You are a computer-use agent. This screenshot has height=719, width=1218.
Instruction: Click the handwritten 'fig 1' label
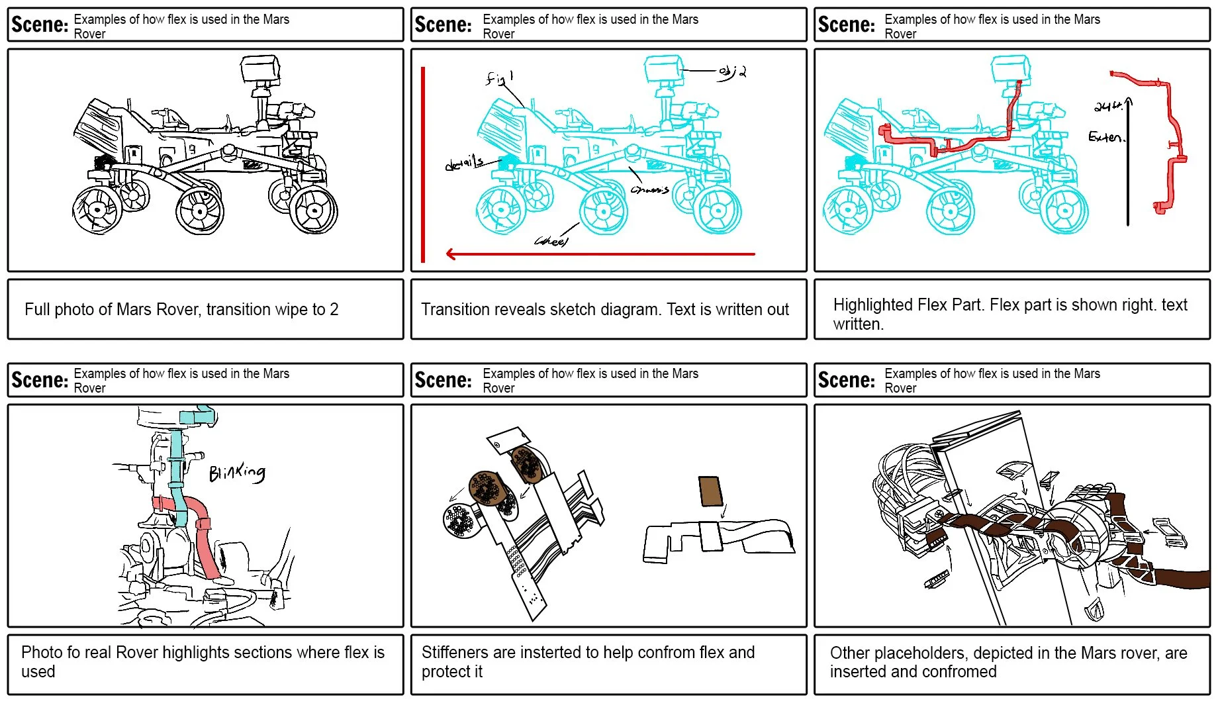(x=499, y=78)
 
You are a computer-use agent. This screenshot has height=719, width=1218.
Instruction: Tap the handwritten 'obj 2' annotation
(x=733, y=72)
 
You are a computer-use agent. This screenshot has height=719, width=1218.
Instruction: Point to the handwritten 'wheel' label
(x=551, y=241)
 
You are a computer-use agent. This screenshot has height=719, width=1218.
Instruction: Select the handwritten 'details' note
(x=464, y=164)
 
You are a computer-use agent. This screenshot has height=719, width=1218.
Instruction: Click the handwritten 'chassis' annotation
(x=650, y=190)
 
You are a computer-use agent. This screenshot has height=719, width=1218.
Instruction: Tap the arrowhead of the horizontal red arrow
(x=451, y=254)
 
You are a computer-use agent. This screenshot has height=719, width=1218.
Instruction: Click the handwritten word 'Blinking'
(x=237, y=472)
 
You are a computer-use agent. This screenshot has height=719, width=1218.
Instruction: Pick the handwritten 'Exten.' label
(x=1105, y=137)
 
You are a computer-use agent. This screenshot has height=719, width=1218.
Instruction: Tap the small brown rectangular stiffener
(x=710, y=491)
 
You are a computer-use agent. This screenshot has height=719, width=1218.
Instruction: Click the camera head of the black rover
(x=259, y=68)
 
